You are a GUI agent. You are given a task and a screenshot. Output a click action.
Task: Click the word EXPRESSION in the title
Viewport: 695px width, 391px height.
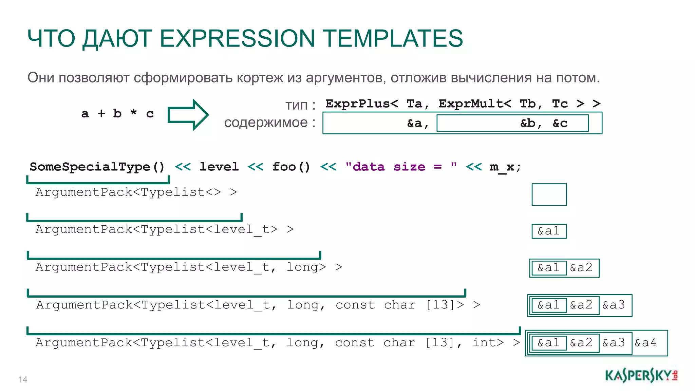tap(237, 38)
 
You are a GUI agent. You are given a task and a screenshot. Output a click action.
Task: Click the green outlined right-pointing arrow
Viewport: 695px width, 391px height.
tap(188, 115)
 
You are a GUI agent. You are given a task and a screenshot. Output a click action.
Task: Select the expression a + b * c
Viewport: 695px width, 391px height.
tap(117, 113)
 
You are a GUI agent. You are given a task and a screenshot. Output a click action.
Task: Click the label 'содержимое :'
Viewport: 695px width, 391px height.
tap(269, 123)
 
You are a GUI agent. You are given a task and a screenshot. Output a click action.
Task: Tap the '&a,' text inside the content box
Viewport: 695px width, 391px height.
tap(418, 123)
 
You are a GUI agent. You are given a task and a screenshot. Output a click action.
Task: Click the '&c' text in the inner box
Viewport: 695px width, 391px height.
tap(560, 123)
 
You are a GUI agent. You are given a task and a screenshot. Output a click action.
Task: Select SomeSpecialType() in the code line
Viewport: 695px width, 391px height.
tap(97, 167)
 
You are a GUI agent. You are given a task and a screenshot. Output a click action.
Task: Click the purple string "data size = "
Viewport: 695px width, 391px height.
tap(401, 167)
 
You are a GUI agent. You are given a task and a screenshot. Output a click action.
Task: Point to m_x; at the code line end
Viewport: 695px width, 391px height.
tap(505, 167)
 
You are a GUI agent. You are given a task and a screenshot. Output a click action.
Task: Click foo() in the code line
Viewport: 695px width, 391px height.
tap(291, 167)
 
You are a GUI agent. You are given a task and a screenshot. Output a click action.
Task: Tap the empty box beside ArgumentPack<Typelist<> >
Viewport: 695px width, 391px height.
tap(549, 194)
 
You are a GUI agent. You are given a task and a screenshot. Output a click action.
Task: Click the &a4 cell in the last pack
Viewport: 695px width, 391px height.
tap(646, 342)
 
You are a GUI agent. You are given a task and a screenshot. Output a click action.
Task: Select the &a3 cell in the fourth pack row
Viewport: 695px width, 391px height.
tap(614, 305)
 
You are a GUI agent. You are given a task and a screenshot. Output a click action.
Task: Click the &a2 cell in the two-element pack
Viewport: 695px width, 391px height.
tap(581, 267)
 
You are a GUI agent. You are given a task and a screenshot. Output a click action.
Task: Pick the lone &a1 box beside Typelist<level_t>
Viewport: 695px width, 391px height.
tap(549, 231)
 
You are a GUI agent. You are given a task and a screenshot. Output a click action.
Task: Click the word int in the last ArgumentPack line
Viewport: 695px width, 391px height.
tap(488, 342)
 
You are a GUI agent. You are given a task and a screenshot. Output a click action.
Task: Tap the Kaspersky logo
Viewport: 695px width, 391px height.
tap(641, 376)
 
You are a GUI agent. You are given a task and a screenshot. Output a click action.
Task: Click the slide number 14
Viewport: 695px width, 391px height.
tap(23, 379)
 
